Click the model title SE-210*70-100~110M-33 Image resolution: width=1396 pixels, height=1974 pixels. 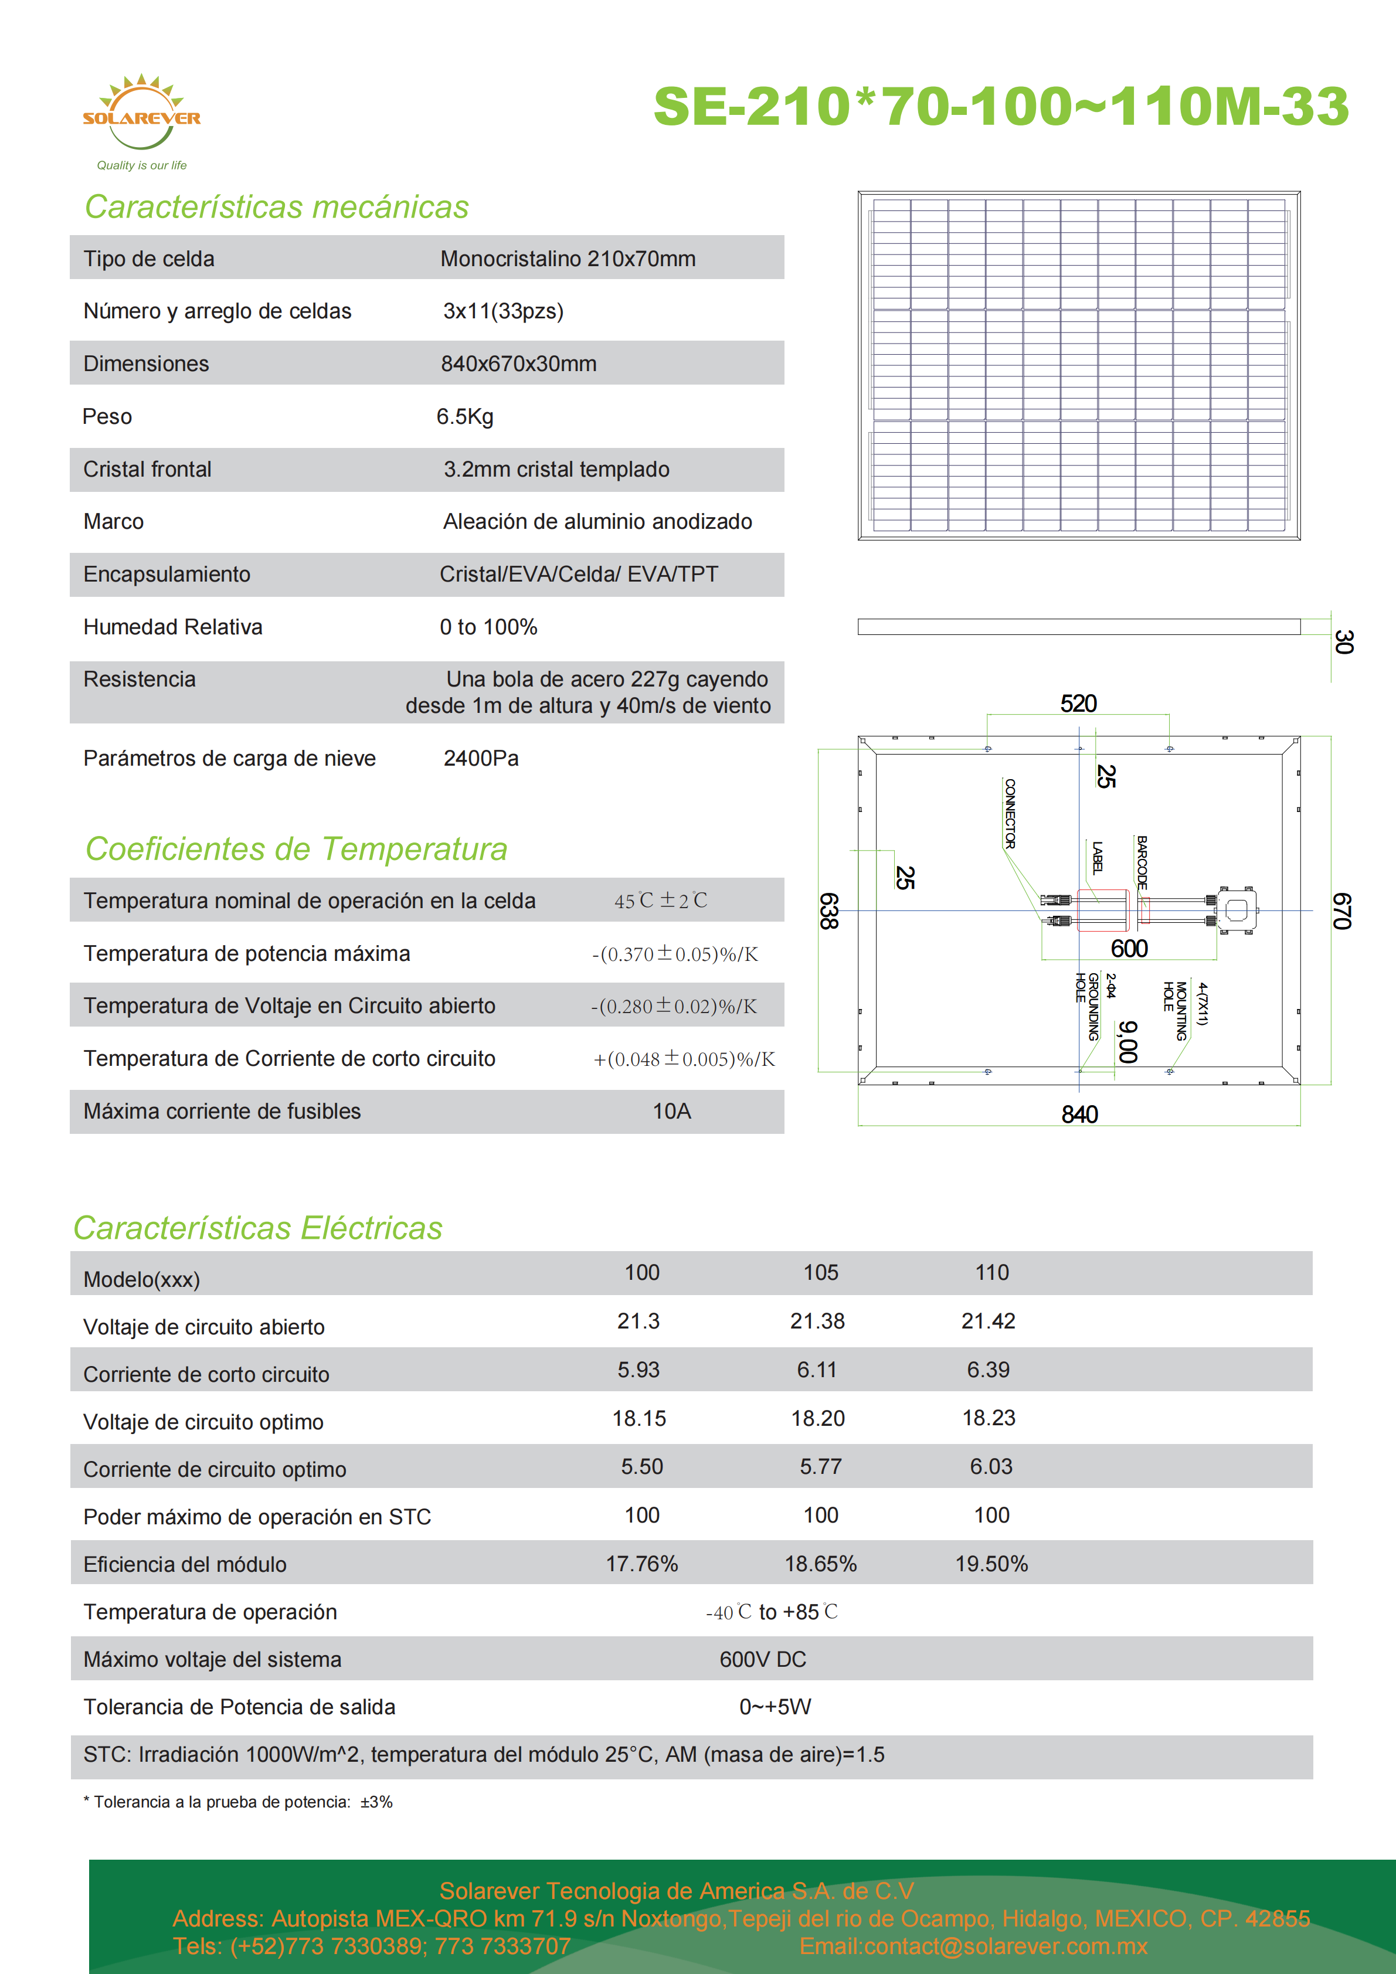click(1001, 107)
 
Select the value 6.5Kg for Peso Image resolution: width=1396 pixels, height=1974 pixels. click(464, 417)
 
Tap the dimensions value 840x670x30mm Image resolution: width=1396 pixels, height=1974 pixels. click(518, 363)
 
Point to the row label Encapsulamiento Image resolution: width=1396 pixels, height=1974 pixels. click(167, 575)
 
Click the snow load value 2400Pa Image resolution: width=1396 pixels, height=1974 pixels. click(481, 758)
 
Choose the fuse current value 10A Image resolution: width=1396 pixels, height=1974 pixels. click(671, 1112)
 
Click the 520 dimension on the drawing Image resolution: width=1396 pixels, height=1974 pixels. click(1078, 704)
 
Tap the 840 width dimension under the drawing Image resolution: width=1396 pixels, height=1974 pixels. click(1079, 1115)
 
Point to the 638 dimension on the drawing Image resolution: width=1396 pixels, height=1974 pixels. click(828, 911)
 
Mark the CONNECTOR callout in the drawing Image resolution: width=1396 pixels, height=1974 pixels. click(1010, 813)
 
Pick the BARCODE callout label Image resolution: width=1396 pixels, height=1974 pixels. click(1142, 861)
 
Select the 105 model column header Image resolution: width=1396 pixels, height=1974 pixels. click(820, 1272)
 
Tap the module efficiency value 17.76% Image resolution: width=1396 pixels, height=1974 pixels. click(641, 1564)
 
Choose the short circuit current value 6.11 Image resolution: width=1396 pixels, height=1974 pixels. click(817, 1370)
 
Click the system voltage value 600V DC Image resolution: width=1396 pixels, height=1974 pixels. click(762, 1659)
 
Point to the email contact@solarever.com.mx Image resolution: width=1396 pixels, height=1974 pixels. click(973, 1946)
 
